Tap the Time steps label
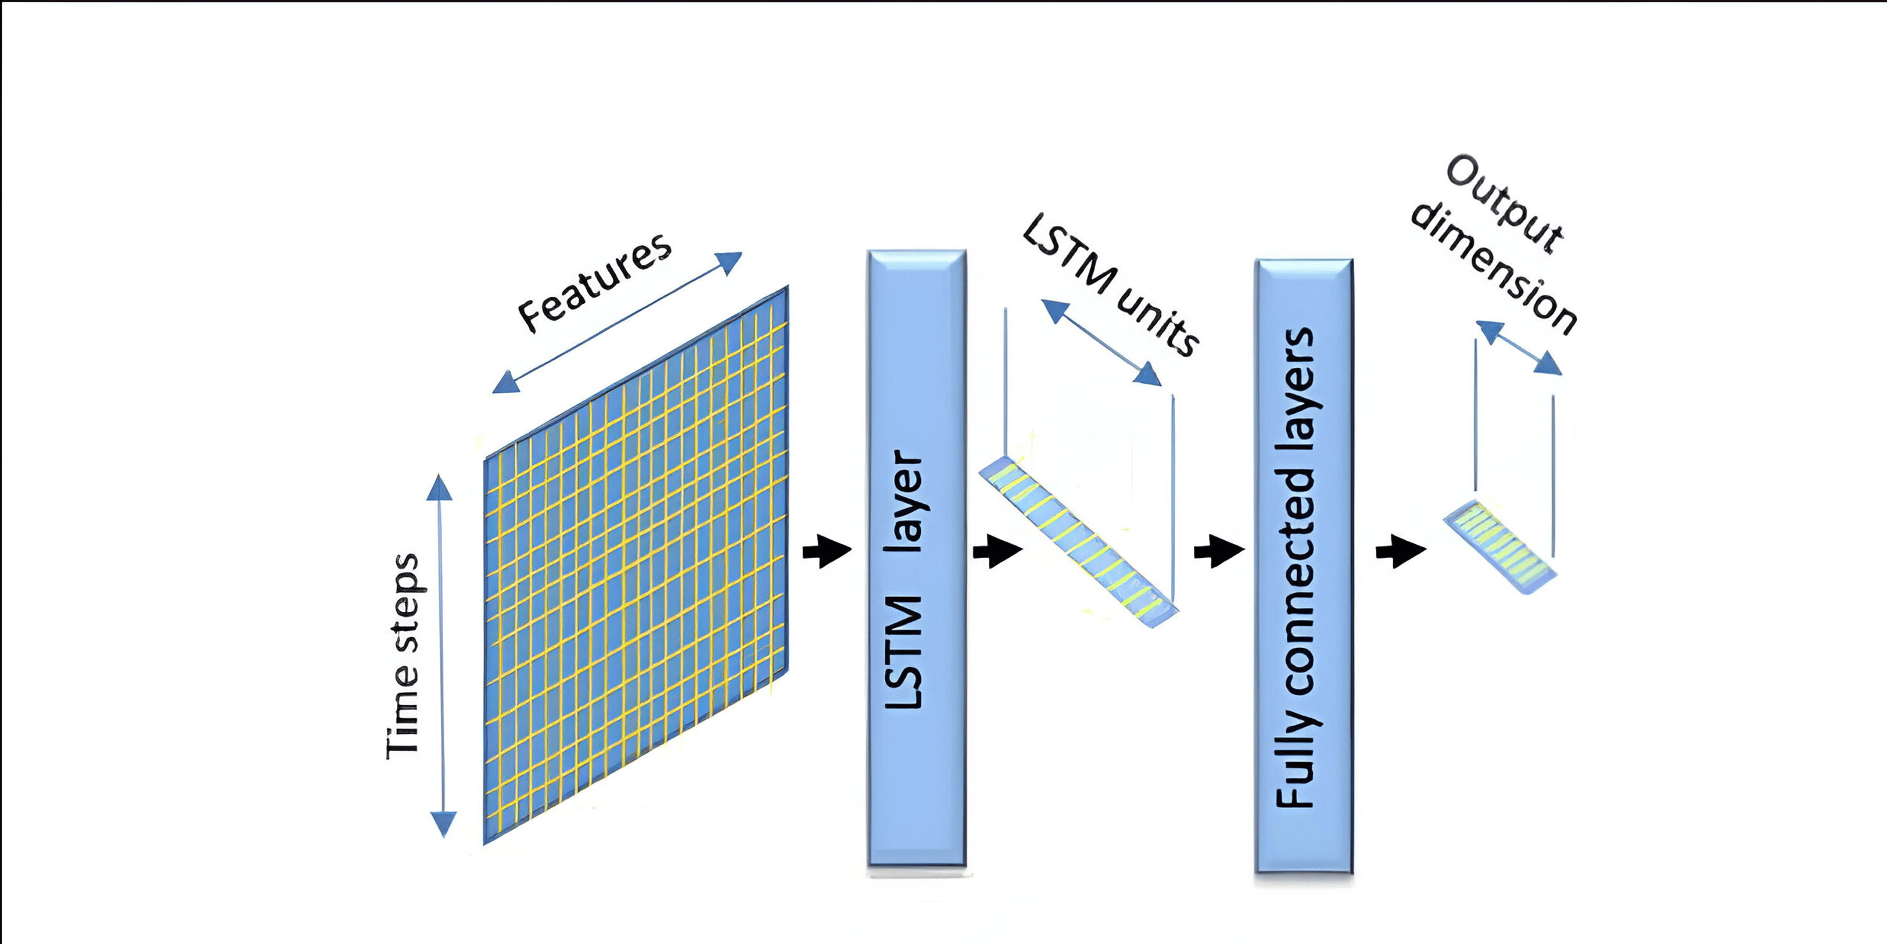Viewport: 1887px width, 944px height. (403, 655)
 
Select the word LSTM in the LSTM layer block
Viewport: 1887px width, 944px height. (904, 652)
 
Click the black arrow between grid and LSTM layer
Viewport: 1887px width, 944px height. (827, 551)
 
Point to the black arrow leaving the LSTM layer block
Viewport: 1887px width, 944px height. (997, 551)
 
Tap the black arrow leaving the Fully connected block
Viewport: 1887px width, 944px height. (1400, 551)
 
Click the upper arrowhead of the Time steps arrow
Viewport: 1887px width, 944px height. (439, 487)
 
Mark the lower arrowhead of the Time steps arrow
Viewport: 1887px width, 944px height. (443, 824)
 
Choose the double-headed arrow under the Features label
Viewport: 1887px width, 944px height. (617, 322)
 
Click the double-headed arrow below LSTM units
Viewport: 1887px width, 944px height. (1101, 343)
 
